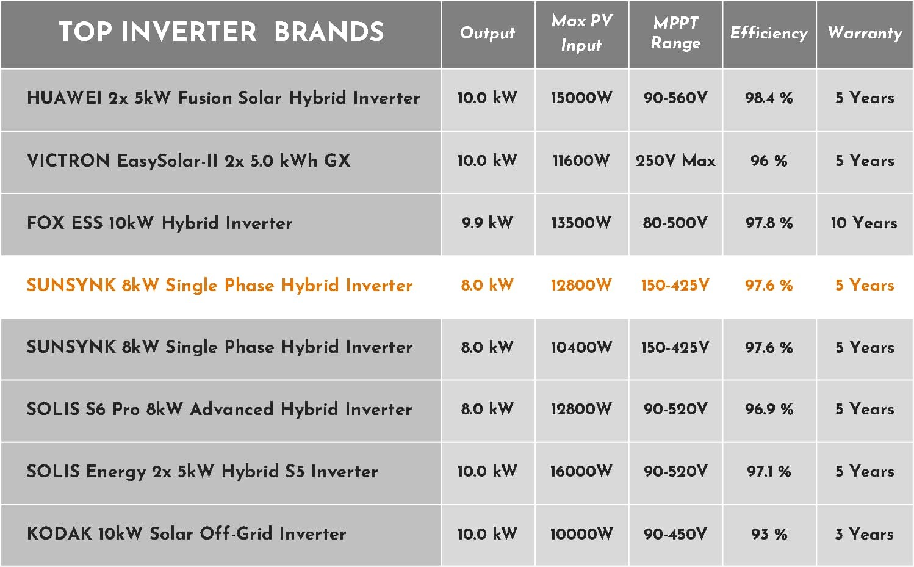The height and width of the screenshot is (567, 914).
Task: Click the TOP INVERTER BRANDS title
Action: (221, 31)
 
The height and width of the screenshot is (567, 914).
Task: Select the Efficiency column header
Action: (769, 33)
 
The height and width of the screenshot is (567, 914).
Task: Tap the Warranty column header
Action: (865, 33)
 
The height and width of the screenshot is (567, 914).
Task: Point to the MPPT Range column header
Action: (675, 33)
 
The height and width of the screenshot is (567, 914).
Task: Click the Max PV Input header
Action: (582, 33)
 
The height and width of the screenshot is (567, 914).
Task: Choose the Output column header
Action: (488, 33)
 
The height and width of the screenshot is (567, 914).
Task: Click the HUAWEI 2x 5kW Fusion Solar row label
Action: (223, 98)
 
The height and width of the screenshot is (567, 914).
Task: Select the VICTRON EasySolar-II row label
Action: (189, 161)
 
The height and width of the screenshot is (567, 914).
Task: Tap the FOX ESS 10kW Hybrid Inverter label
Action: (159, 223)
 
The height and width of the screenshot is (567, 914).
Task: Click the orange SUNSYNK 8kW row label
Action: (220, 285)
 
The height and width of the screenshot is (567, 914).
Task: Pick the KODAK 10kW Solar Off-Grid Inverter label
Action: (187, 533)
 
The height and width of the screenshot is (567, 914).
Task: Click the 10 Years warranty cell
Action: (864, 223)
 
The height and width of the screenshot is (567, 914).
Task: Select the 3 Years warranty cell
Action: (864, 534)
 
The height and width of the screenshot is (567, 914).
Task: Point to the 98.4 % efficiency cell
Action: (769, 98)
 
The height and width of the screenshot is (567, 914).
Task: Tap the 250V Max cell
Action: (675, 161)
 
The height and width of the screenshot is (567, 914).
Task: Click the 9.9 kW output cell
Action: (488, 223)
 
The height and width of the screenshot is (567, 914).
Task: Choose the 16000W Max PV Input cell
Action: (581, 471)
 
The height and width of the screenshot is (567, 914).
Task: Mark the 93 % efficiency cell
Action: (769, 534)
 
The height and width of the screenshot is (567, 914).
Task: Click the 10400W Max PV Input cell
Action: (581, 347)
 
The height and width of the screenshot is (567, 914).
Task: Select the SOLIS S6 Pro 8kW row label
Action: (220, 409)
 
